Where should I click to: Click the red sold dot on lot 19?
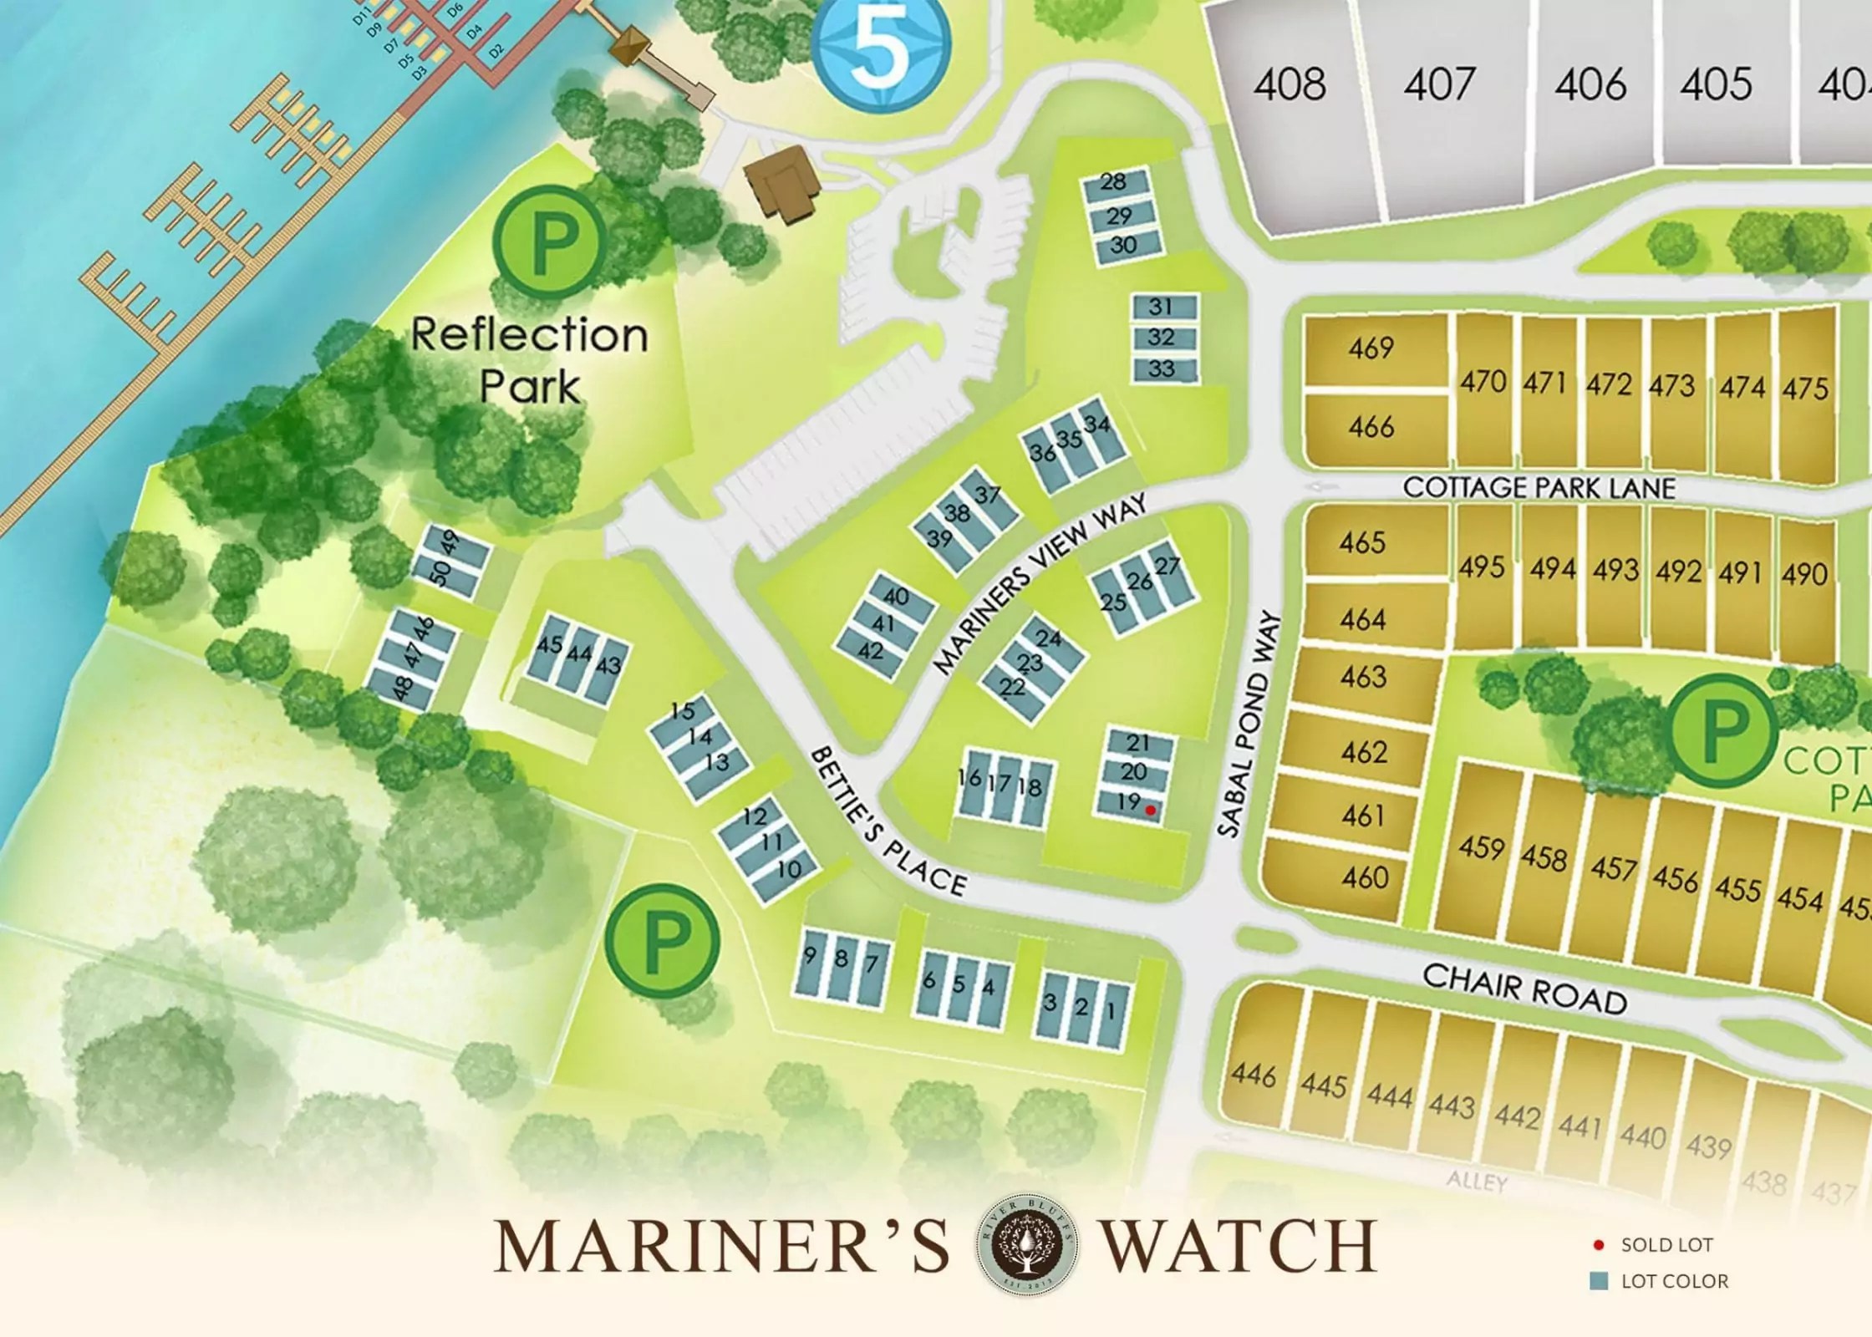[x=1151, y=810]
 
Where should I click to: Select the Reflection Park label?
[x=530, y=360]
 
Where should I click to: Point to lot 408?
[x=1290, y=85]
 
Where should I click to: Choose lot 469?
[x=1371, y=348]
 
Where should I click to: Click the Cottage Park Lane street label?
[x=1539, y=487]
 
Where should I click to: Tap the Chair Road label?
[x=1525, y=989]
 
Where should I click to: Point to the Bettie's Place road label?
[x=888, y=822]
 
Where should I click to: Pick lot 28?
[x=1112, y=183]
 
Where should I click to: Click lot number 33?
[x=1161, y=369]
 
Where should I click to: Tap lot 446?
[x=1254, y=1075]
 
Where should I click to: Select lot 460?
[x=1365, y=877]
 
